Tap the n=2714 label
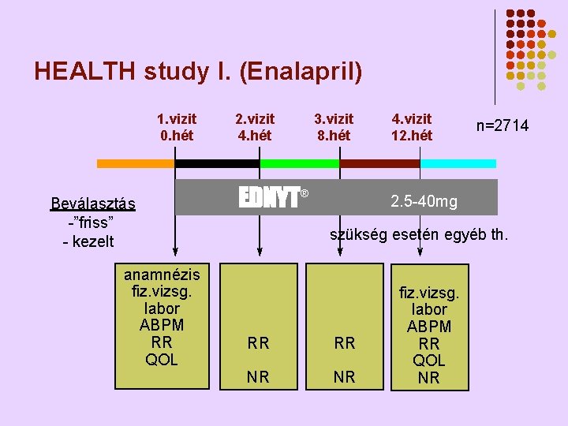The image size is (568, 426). click(502, 126)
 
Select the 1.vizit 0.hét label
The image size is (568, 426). click(177, 127)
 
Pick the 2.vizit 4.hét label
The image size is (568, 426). click(256, 127)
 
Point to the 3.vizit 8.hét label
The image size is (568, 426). click(334, 127)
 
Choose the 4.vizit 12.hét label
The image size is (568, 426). click(412, 127)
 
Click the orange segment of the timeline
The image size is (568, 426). click(135, 163)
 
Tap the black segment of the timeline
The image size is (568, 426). click(217, 163)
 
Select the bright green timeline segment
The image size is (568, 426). click(299, 163)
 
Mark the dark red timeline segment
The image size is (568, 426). click(379, 163)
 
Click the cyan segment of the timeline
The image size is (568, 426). click(458, 163)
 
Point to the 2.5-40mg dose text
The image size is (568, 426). click(424, 201)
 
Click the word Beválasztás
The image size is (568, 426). click(93, 204)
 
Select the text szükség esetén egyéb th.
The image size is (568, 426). click(419, 234)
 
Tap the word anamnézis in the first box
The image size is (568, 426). click(162, 274)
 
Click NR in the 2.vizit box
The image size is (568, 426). click(258, 377)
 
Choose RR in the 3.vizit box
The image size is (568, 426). click(345, 343)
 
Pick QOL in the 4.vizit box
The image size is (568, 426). click(429, 361)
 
